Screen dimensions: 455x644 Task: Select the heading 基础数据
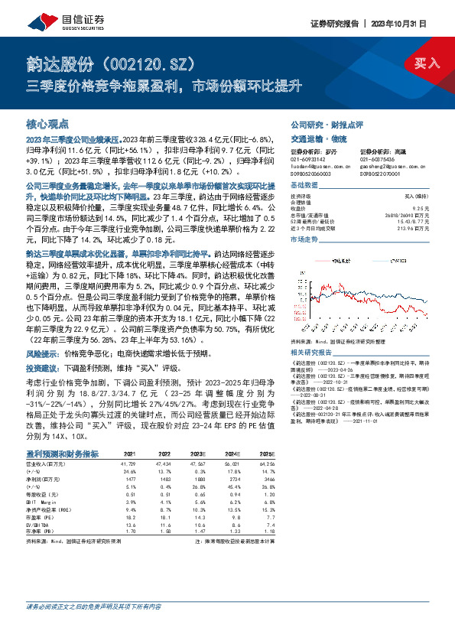click(304, 187)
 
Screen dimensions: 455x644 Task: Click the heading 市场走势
click(304, 240)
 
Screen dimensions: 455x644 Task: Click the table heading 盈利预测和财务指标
click(62, 454)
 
